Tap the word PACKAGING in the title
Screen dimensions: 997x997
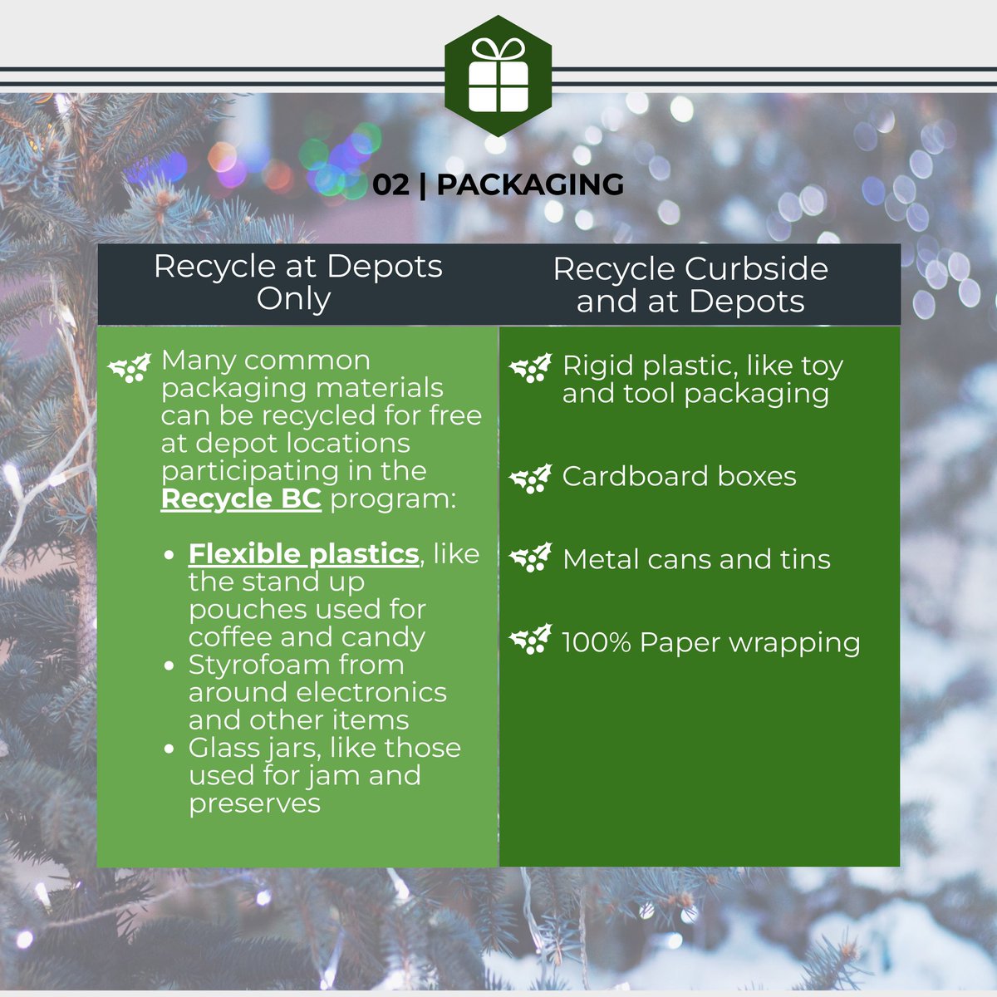coord(530,184)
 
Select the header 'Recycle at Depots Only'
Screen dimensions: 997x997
coord(297,282)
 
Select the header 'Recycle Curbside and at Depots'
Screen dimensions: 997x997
coord(690,285)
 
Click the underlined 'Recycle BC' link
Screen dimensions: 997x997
coord(241,498)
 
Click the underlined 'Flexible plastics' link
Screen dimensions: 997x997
coord(303,553)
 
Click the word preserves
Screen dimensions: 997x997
coord(254,803)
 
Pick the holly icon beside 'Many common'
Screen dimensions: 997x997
coord(130,368)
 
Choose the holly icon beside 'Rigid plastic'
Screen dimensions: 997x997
coord(530,368)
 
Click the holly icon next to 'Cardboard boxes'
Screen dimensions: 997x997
coord(530,479)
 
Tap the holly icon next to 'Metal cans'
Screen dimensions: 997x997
coord(530,558)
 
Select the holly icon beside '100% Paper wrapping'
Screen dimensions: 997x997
coord(530,641)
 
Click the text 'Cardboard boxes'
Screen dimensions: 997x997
coord(679,476)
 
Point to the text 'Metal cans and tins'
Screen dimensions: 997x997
coord(696,559)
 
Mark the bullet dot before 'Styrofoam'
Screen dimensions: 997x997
coord(170,665)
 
